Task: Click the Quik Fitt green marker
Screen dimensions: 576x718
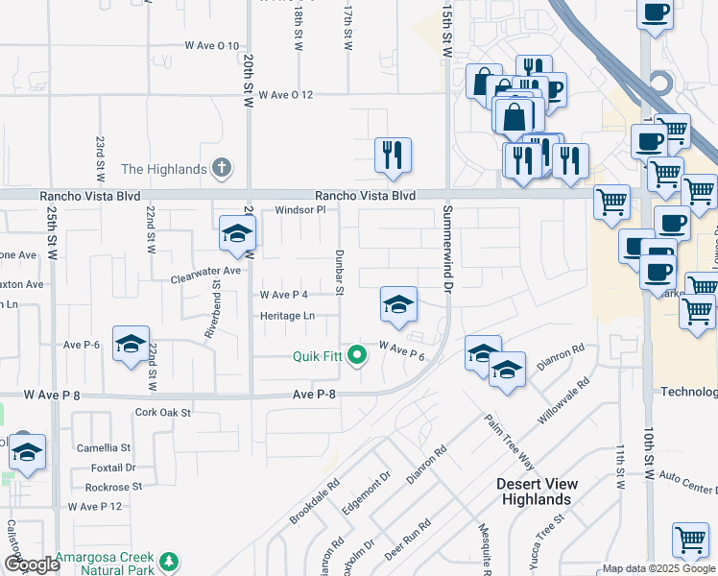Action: [358, 357]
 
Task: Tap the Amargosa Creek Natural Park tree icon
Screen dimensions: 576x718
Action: [169, 561]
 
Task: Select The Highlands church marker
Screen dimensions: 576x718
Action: [222, 169]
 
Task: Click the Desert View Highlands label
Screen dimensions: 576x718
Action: [536, 492]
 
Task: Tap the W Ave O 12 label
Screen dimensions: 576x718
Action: [279, 95]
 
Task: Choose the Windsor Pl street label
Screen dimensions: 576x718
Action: [300, 210]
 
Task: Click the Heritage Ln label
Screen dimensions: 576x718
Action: [287, 316]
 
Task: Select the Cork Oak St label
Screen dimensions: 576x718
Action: [164, 413]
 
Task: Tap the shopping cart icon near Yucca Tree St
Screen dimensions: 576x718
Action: [690, 540]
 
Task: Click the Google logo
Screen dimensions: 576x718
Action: [32, 564]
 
